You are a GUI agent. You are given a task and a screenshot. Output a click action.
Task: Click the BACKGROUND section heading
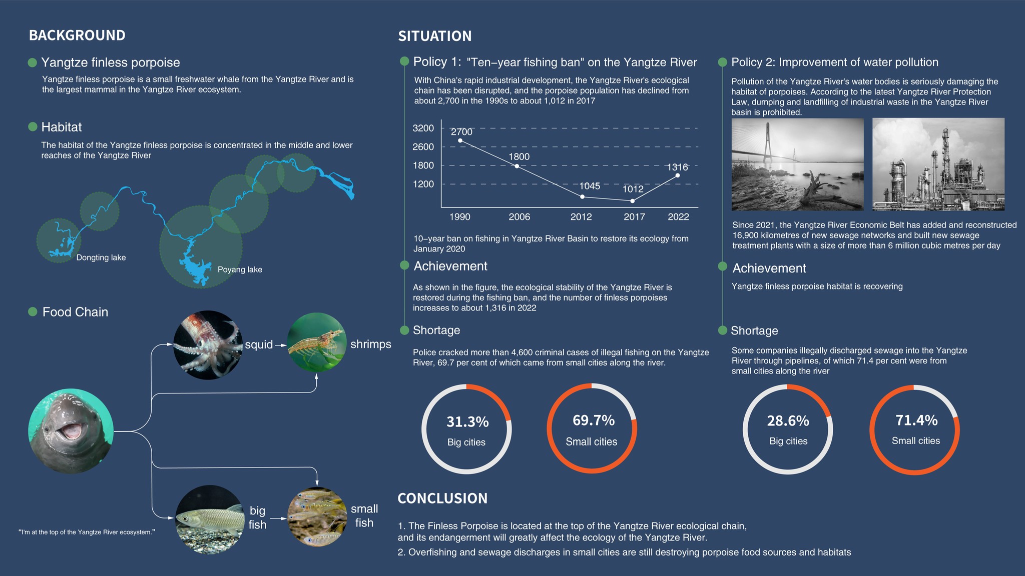77,35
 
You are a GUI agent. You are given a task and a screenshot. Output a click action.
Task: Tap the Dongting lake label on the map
101,257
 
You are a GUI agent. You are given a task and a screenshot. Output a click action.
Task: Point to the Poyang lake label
240,269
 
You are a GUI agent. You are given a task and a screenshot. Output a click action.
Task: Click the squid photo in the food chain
208,345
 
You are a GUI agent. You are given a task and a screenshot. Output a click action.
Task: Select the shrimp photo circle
317,342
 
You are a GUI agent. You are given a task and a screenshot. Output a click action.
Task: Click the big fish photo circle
210,519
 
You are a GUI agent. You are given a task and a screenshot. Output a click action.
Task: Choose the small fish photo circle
317,517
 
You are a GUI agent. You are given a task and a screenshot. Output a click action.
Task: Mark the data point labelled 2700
460,140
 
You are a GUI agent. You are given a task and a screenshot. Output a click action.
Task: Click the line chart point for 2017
633,201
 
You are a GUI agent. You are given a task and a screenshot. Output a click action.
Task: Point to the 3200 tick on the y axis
423,128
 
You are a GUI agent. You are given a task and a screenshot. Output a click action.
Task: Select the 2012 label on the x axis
581,217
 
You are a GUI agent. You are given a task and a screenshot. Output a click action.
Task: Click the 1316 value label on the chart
678,167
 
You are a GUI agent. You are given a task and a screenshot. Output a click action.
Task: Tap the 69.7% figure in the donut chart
594,420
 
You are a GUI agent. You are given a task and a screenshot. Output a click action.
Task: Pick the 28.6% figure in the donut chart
788,421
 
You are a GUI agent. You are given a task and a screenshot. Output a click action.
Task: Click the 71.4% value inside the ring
916,420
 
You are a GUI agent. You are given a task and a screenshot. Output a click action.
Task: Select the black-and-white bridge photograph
798,164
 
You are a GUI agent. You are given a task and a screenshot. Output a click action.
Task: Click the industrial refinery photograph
938,164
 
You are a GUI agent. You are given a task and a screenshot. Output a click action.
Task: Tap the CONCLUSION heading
442,498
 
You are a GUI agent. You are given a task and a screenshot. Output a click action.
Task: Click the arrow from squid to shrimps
280,345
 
